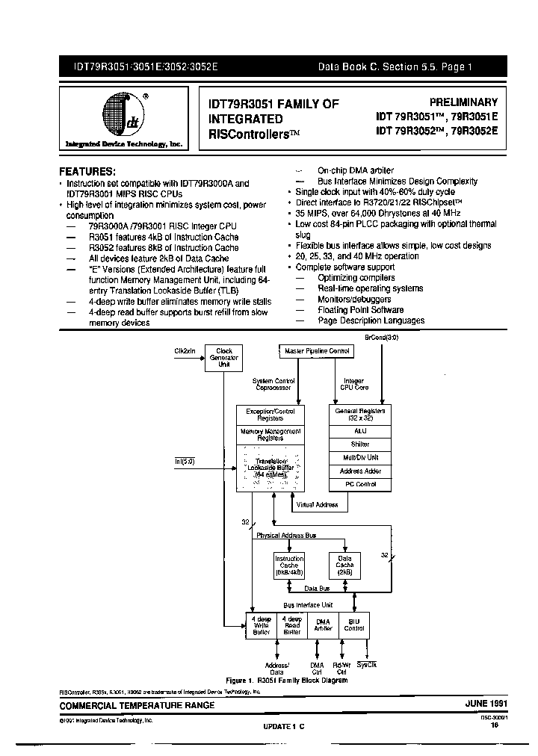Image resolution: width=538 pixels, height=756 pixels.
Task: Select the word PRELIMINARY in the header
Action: [463, 102]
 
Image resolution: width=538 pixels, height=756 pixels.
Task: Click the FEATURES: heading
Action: [87, 170]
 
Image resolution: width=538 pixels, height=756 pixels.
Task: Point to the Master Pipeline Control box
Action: [318, 350]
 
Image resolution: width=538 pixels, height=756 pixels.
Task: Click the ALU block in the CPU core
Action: [360, 431]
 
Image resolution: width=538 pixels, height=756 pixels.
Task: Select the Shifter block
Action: [360, 444]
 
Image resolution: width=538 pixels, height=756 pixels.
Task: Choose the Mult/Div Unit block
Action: [360, 458]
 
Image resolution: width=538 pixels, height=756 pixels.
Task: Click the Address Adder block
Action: [360, 471]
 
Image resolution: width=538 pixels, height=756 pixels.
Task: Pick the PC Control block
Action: [360, 485]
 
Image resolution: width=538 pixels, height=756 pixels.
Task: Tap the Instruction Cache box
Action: [289, 566]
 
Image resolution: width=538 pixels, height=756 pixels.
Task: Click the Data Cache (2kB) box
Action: [344, 566]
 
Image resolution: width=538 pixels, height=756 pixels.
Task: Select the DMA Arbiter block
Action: [323, 625]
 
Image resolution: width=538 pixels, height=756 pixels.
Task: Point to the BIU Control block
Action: [353, 625]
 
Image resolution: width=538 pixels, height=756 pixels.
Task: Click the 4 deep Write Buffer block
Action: [262, 625]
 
